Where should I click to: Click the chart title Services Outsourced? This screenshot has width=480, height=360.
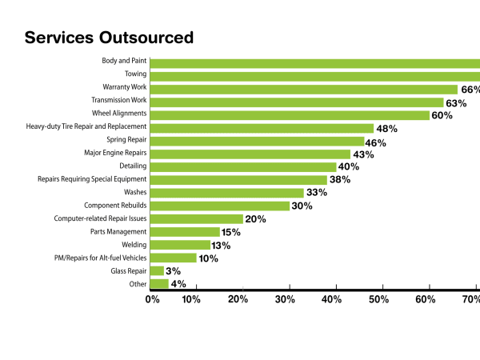(x=109, y=37)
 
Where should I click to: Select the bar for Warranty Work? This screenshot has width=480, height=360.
(x=303, y=90)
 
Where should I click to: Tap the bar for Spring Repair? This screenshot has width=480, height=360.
(x=257, y=141)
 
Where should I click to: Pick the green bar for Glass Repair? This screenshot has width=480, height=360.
(x=157, y=271)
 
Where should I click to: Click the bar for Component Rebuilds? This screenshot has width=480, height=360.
(x=220, y=206)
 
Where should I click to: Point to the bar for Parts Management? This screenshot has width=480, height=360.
(x=185, y=232)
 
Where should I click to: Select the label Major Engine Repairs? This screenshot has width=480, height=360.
(x=115, y=152)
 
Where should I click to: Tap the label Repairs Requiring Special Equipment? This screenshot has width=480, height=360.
(x=92, y=179)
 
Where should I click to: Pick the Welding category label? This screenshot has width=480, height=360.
(x=134, y=245)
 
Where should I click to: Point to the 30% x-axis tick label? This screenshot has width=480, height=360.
(x=285, y=300)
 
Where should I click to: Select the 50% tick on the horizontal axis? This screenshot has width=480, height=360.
(x=378, y=300)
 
